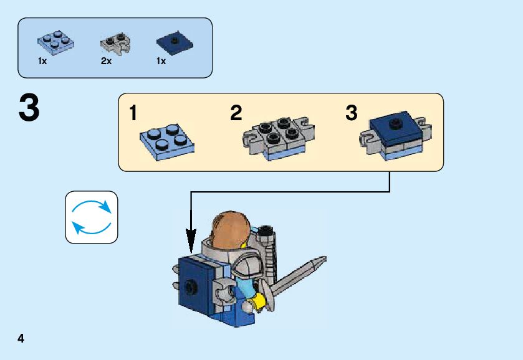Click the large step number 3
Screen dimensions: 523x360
[29, 109]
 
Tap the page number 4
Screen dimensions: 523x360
[21, 339]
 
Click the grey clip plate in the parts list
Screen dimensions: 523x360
[114, 42]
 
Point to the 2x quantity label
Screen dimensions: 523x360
[106, 62]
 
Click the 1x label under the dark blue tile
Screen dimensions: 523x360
[161, 62]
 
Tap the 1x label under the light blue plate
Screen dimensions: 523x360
[42, 62]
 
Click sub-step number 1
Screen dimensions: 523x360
[133, 114]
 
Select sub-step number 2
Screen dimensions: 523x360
[236, 114]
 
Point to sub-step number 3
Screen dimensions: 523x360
[352, 114]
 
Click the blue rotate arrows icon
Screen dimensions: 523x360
[92, 217]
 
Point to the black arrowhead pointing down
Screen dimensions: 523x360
[191, 240]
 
